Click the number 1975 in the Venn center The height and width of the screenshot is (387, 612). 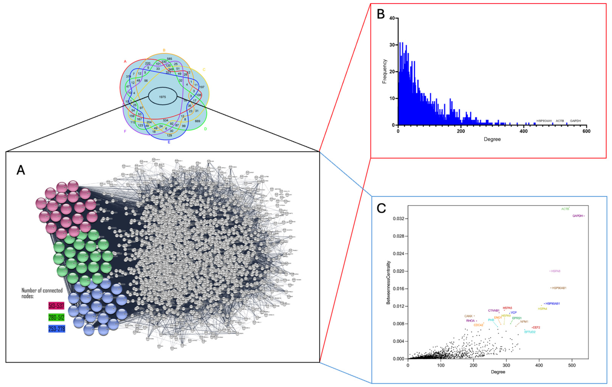162,97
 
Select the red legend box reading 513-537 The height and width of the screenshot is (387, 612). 56,306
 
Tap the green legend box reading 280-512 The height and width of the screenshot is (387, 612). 56,317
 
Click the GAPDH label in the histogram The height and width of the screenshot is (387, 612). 575,121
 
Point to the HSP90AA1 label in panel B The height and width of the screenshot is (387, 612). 544,121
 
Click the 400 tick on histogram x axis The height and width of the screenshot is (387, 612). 524,131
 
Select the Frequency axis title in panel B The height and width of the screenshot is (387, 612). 385,71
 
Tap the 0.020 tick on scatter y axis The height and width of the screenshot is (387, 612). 399,271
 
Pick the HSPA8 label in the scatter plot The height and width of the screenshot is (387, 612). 556,271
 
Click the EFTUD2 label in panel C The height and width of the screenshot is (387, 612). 530,332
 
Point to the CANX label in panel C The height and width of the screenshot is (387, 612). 468,316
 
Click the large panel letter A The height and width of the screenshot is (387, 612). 21,170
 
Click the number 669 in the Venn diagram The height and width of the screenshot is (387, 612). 198,121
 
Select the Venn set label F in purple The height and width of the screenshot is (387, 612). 125,131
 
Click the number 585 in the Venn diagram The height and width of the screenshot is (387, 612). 170,59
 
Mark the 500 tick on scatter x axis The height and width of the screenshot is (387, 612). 572,365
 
